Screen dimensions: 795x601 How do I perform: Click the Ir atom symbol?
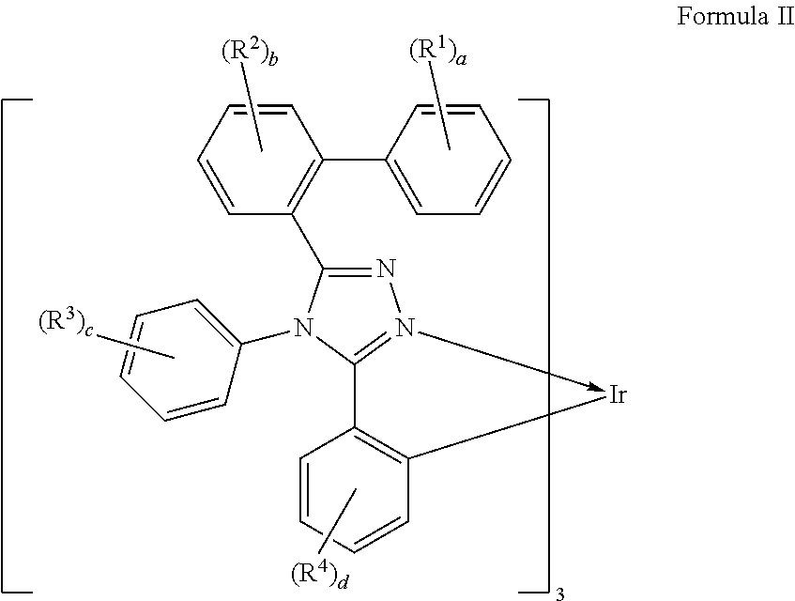[617, 395]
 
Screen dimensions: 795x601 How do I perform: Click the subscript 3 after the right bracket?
[561, 593]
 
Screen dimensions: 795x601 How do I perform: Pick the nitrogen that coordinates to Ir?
[405, 328]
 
